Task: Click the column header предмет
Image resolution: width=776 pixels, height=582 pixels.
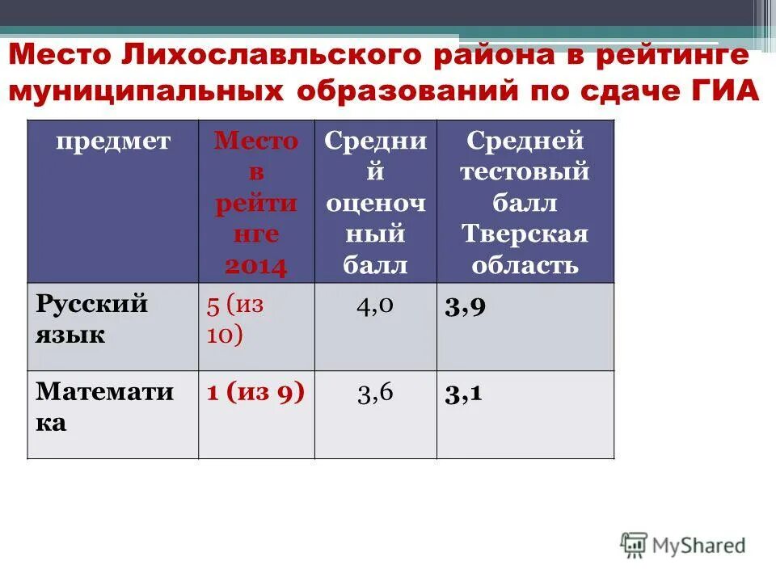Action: tap(113, 141)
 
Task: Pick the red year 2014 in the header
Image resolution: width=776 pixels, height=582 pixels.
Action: tap(256, 266)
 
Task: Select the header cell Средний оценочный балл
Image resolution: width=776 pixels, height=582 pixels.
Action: tap(375, 202)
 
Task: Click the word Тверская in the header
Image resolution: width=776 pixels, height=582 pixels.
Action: tap(525, 234)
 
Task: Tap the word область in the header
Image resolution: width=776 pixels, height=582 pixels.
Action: tap(525, 265)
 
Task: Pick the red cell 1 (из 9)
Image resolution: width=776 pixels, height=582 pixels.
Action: tap(255, 393)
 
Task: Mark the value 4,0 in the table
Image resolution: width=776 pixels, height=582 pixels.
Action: tap(375, 305)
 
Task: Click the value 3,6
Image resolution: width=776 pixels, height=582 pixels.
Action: tap(375, 393)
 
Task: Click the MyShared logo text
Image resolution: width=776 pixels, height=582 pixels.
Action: tap(695, 545)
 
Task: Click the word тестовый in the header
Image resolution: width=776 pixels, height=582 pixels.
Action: tap(525, 172)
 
